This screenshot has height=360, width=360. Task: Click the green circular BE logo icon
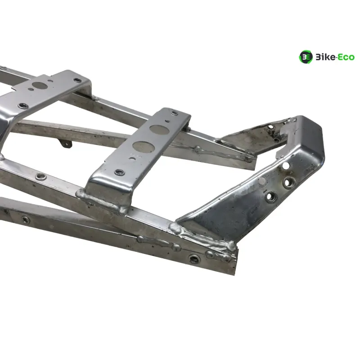pyautogui.click(x=306, y=57)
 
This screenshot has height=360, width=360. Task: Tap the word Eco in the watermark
pyautogui.click(x=346, y=57)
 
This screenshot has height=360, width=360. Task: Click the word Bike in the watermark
pyautogui.click(x=325, y=57)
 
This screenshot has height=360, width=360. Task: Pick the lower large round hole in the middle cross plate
pyautogui.click(x=143, y=147)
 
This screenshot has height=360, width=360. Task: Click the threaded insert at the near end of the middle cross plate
pyautogui.click(x=119, y=172)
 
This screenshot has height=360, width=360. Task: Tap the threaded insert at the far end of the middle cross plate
pyautogui.click(x=175, y=113)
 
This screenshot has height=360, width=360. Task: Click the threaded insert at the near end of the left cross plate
pyautogui.click(x=23, y=106)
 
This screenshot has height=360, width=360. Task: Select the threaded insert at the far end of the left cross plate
pyautogui.click(x=77, y=80)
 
